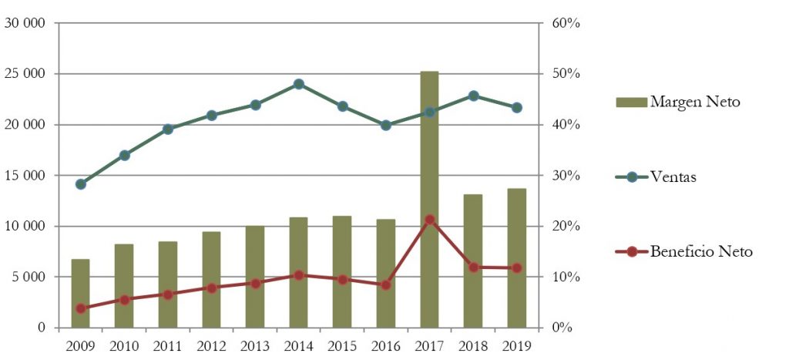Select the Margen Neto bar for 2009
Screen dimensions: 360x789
tap(81, 293)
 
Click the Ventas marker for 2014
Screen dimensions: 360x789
tap(299, 84)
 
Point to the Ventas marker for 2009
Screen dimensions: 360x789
tap(81, 183)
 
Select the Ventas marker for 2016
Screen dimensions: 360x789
tap(386, 125)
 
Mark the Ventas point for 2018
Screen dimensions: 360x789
tap(473, 96)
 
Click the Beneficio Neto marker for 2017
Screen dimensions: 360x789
tap(429, 220)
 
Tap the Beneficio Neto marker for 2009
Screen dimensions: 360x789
tap(81, 308)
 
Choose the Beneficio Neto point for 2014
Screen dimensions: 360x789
tap(299, 274)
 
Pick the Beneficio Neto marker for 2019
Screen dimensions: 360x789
tap(516, 267)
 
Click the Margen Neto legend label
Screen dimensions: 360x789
tap(695, 102)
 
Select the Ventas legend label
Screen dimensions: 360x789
tap(673, 177)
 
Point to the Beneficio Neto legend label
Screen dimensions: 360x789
tap(701, 251)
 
